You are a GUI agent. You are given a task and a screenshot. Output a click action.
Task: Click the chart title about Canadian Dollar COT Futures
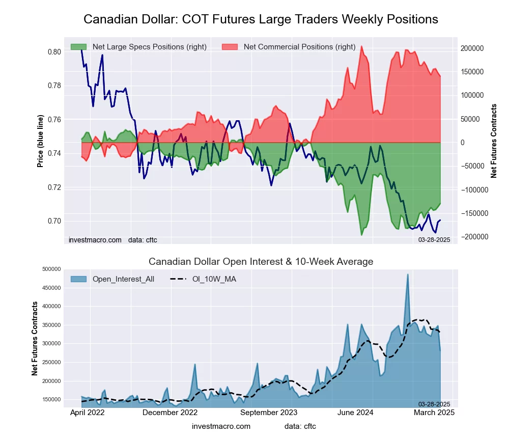click(x=261, y=19)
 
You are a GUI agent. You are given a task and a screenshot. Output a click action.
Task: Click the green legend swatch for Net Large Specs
click(x=78, y=47)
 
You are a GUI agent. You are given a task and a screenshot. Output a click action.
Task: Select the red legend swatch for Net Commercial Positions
click(x=230, y=47)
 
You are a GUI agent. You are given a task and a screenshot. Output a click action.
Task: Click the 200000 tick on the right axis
click(x=472, y=48)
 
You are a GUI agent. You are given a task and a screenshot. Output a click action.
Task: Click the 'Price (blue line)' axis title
click(x=40, y=141)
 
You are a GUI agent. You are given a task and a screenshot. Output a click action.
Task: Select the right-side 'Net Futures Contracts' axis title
click(x=494, y=141)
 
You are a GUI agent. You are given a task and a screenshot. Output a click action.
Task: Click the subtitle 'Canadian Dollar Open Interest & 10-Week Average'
click(x=261, y=262)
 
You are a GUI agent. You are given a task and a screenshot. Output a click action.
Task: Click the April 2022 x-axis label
click(x=87, y=413)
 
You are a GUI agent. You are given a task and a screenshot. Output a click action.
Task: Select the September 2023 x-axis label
click(x=269, y=413)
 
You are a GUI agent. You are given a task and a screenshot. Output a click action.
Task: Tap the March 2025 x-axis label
click(x=433, y=413)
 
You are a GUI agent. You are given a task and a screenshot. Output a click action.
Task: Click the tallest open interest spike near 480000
click(x=408, y=275)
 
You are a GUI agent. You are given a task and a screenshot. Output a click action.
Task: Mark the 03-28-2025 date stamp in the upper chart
click(x=434, y=239)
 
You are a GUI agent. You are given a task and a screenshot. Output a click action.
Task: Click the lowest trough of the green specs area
click(x=362, y=235)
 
